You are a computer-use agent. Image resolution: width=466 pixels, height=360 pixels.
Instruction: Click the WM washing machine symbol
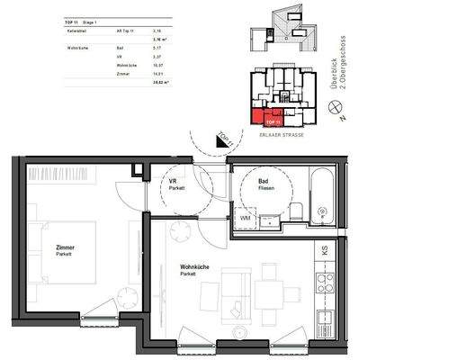(245, 217)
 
